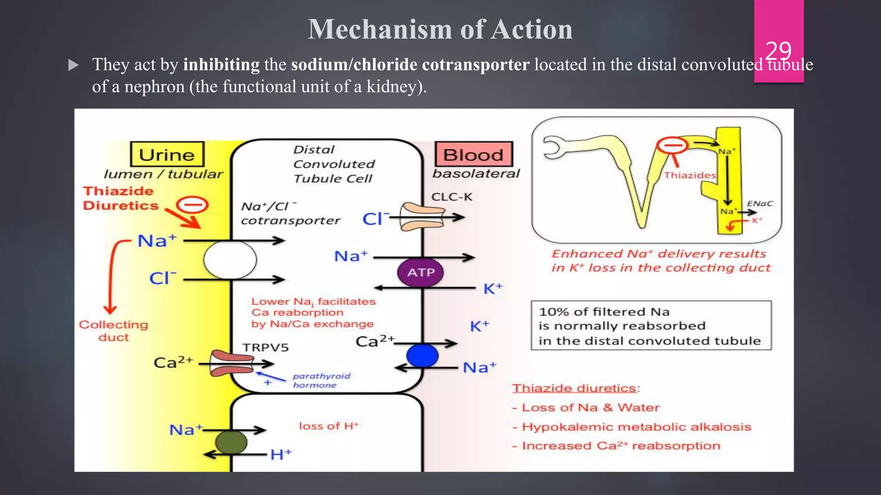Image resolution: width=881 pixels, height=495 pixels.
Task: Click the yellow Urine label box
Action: [167, 154]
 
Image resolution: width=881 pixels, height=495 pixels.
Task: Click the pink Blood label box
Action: [474, 154]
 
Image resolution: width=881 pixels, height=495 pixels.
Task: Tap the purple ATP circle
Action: [421, 272]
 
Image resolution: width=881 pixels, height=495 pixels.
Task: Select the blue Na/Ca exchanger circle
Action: [422, 355]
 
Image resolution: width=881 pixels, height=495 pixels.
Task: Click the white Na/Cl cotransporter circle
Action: [230, 260]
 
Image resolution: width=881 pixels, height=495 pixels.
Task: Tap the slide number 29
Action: [778, 51]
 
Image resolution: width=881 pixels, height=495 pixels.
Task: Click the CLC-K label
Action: [452, 197]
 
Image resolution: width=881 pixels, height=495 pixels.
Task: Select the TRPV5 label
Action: [265, 347]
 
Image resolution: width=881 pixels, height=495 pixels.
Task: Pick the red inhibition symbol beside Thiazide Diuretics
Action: [193, 205]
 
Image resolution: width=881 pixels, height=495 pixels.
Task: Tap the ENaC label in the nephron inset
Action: [760, 203]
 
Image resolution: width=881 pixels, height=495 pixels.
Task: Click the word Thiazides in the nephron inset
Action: [690, 175]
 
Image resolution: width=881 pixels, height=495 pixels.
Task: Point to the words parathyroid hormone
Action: [321, 380]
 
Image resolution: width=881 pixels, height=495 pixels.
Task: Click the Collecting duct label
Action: [113, 330]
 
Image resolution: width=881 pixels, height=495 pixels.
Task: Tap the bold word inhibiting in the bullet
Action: [221, 64]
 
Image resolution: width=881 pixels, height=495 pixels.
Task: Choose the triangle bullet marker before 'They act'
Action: [74, 65]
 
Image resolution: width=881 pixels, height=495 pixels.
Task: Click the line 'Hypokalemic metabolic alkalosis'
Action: [636, 427]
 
